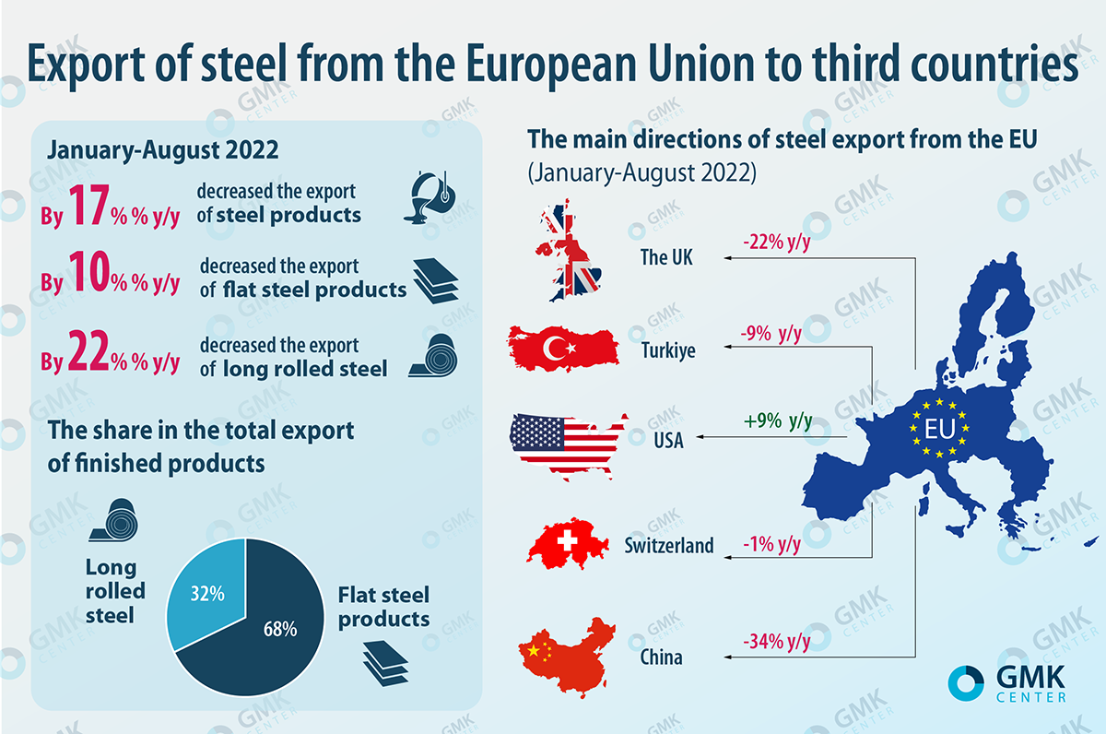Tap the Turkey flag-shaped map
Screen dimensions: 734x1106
(x=562, y=346)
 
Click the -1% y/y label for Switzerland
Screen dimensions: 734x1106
(x=771, y=544)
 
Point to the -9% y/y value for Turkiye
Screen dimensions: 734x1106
(x=771, y=333)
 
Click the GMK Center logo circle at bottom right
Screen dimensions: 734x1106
(x=967, y=681)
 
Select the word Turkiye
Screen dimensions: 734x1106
(x=668, y=351)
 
